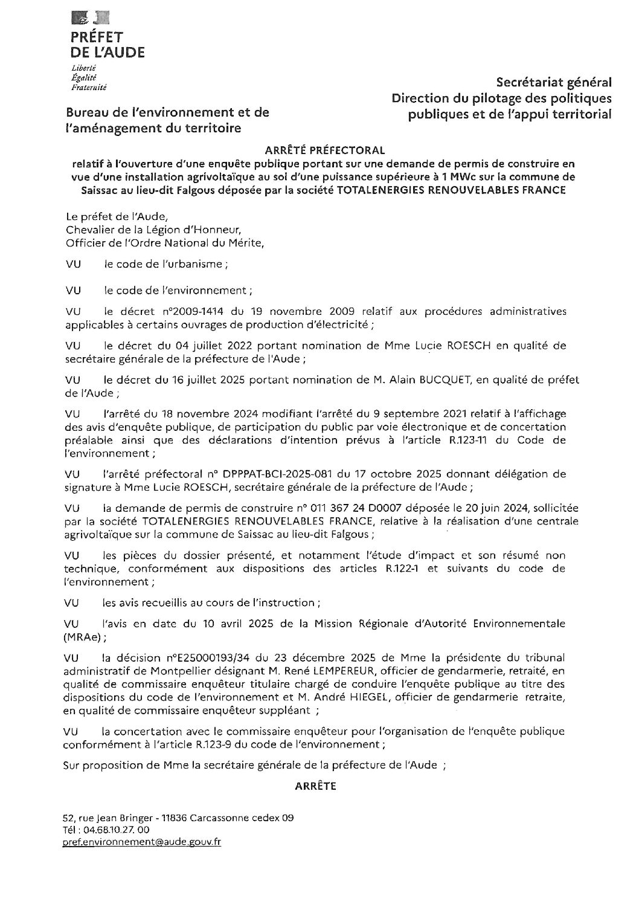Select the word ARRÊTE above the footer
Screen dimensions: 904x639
(x=315, y=786)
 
